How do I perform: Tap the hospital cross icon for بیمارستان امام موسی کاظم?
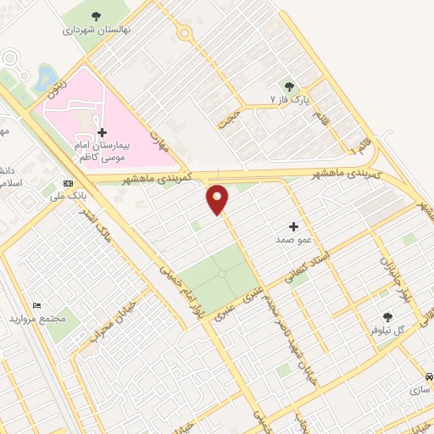coord(103,132)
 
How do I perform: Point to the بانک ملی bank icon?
coord(68,182)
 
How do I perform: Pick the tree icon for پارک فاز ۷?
coord(289,86)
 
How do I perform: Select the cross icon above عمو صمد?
coord(294,226)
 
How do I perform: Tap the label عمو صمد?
coord(294,240)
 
